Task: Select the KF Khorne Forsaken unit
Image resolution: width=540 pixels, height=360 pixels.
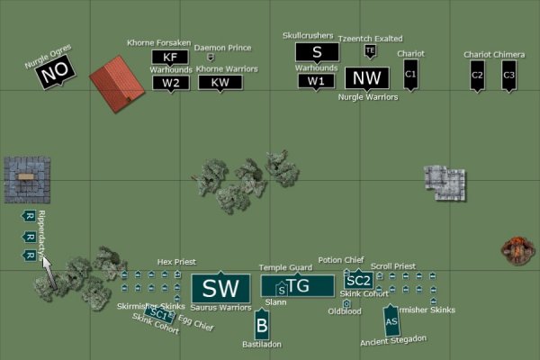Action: [x=170, y=58]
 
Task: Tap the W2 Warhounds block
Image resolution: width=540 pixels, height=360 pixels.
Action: [x=170, y=83]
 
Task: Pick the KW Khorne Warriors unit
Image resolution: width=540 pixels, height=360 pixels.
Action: [x=215, y=83]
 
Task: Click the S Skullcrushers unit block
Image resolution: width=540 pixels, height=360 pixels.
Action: [x=317, y=53]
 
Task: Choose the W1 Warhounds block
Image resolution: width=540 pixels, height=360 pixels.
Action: [x=316, y=81]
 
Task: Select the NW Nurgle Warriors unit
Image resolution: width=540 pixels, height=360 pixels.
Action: [x=367, y=78]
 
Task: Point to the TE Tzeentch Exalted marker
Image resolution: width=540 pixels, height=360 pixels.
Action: [x=369, y=51]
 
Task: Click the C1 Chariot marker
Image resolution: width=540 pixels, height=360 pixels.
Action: [x=410, y=75]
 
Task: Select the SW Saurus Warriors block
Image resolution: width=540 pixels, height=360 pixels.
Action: [x=220, y=288]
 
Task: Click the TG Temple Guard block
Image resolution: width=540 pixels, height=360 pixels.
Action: [x=298, y=286]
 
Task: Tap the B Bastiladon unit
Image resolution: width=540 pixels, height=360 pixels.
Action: [x=262, y=325]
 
